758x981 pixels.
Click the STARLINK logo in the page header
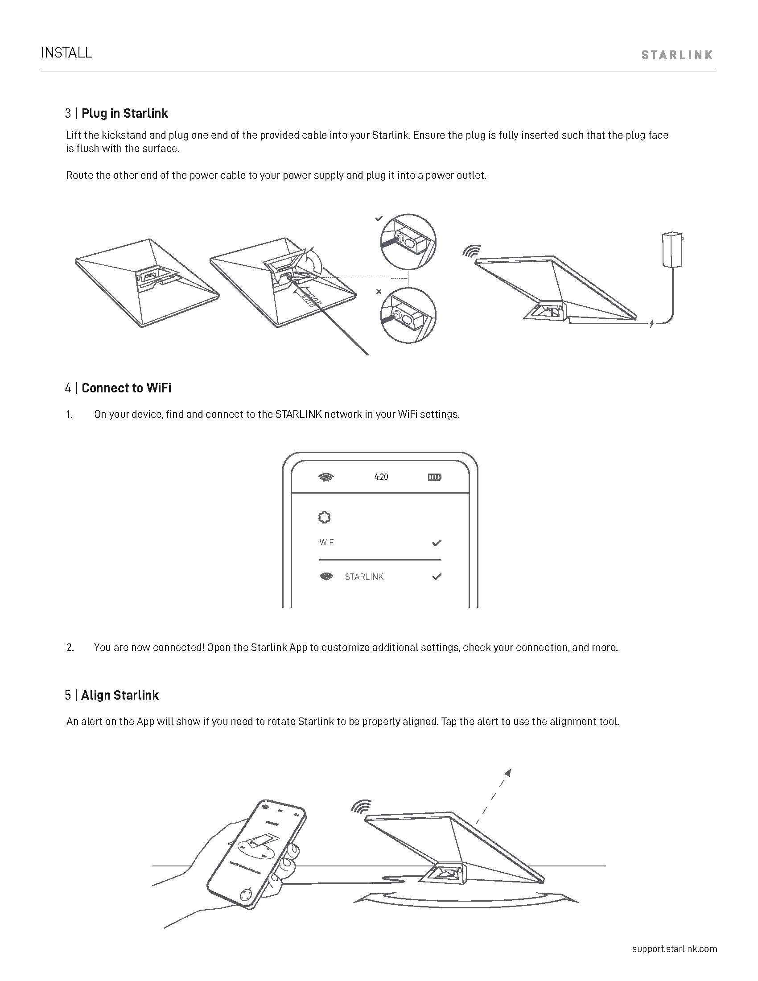point(677,55)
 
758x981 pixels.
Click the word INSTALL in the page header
point(66,53)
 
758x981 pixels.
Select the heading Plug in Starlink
point(124,113)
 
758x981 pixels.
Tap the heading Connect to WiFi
point(126,388)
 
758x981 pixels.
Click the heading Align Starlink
point(119,695)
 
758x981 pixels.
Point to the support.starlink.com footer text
point(675,948)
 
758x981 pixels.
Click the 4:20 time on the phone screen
point(381,477)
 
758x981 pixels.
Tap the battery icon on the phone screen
point(434,477)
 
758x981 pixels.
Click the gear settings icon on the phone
point(324,517)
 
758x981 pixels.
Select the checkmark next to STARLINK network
point(437,576)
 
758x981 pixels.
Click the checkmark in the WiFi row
point(437,543)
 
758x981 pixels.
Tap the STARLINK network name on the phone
point(364,577)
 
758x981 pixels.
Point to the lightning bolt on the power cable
point(651,323)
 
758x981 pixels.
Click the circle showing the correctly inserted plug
point(408,242)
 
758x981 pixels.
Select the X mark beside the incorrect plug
point(379,292)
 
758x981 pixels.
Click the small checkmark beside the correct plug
point(379,218)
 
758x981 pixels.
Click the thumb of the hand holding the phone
point(292,852)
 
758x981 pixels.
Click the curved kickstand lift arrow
point(315,261)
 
